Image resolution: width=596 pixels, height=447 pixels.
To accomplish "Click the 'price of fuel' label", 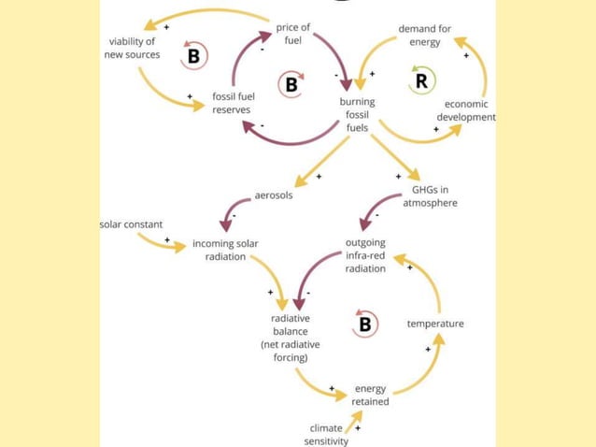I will pos(293,34).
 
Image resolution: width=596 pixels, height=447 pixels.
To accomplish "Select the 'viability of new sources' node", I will pos(132,48).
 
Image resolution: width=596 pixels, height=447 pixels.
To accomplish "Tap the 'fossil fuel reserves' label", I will pos(232,103).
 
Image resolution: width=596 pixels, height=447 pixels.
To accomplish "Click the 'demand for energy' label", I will pos(424,36).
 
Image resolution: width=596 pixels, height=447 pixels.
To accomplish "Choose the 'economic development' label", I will pos(465,110).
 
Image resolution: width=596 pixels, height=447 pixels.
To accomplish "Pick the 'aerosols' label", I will pos(274,195).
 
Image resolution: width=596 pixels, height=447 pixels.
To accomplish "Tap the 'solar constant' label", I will pos(131,224).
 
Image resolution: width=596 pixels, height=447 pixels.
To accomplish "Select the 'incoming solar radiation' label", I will pos(225,250).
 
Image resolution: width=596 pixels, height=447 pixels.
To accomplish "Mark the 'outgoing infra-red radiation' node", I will pos(365,255).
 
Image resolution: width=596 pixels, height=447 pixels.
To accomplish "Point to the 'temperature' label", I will pos(435,324).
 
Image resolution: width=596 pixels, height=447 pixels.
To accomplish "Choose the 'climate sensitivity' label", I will pos(326,434).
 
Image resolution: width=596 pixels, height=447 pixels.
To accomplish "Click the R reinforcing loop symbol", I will pos(421,81).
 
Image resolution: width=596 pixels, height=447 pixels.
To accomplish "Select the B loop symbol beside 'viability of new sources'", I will pos(193,56).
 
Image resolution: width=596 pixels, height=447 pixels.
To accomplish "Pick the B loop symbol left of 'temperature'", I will pos(365,324).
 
